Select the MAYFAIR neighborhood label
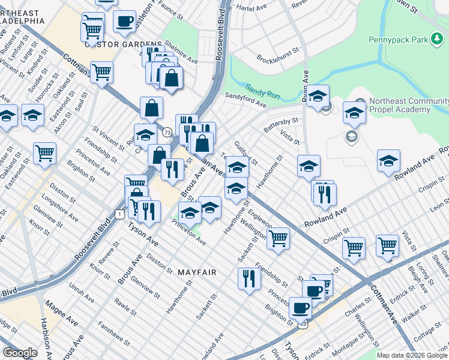coord(196,272)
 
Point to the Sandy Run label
coord(264,87)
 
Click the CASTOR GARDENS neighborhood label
coord(124,44)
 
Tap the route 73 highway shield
coord(167,131)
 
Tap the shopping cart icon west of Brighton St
coord(45,153)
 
